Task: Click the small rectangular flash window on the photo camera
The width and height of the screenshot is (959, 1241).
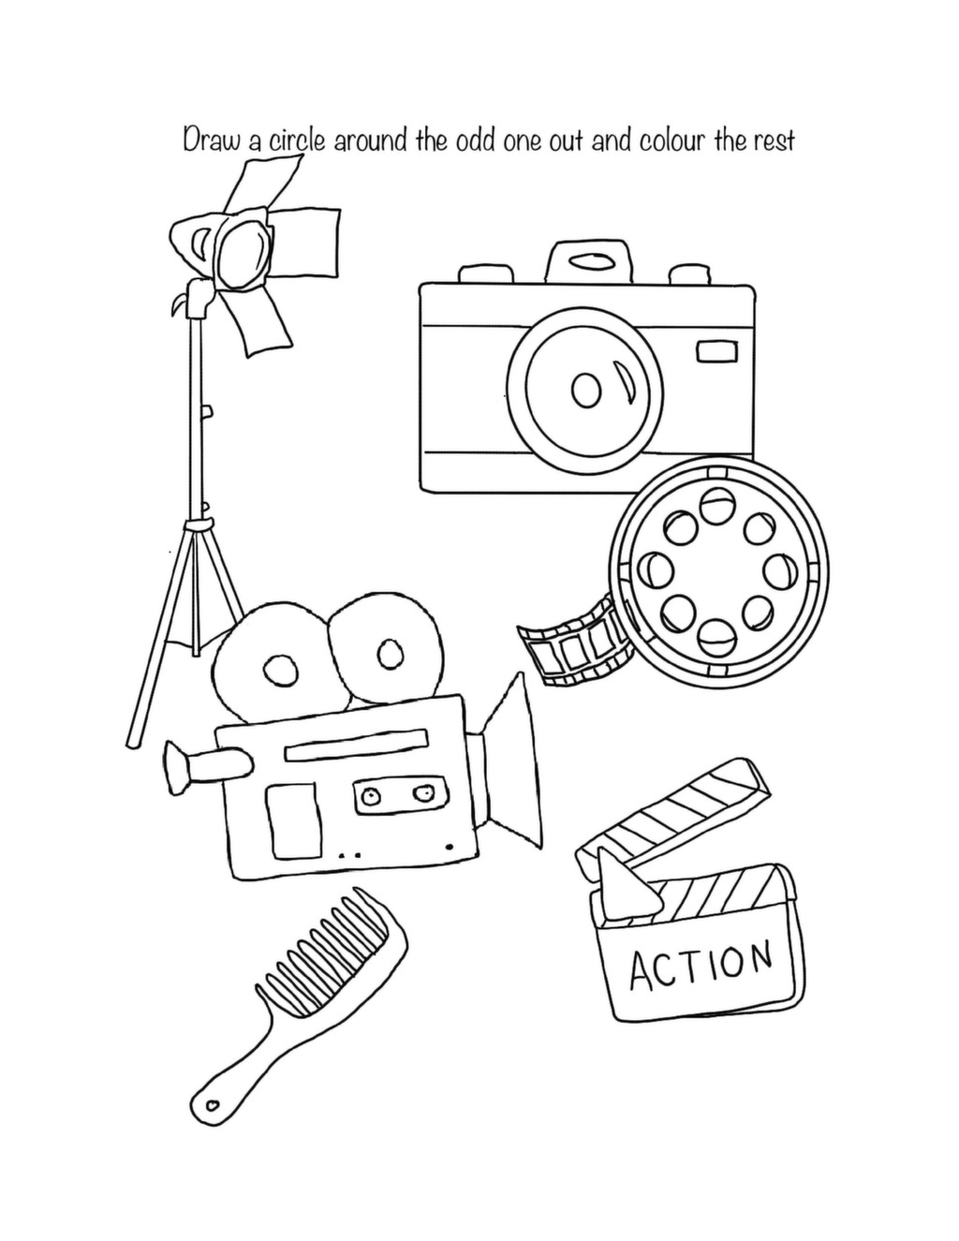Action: coord(716,351)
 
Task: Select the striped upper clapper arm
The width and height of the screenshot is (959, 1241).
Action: coord(673,810)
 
